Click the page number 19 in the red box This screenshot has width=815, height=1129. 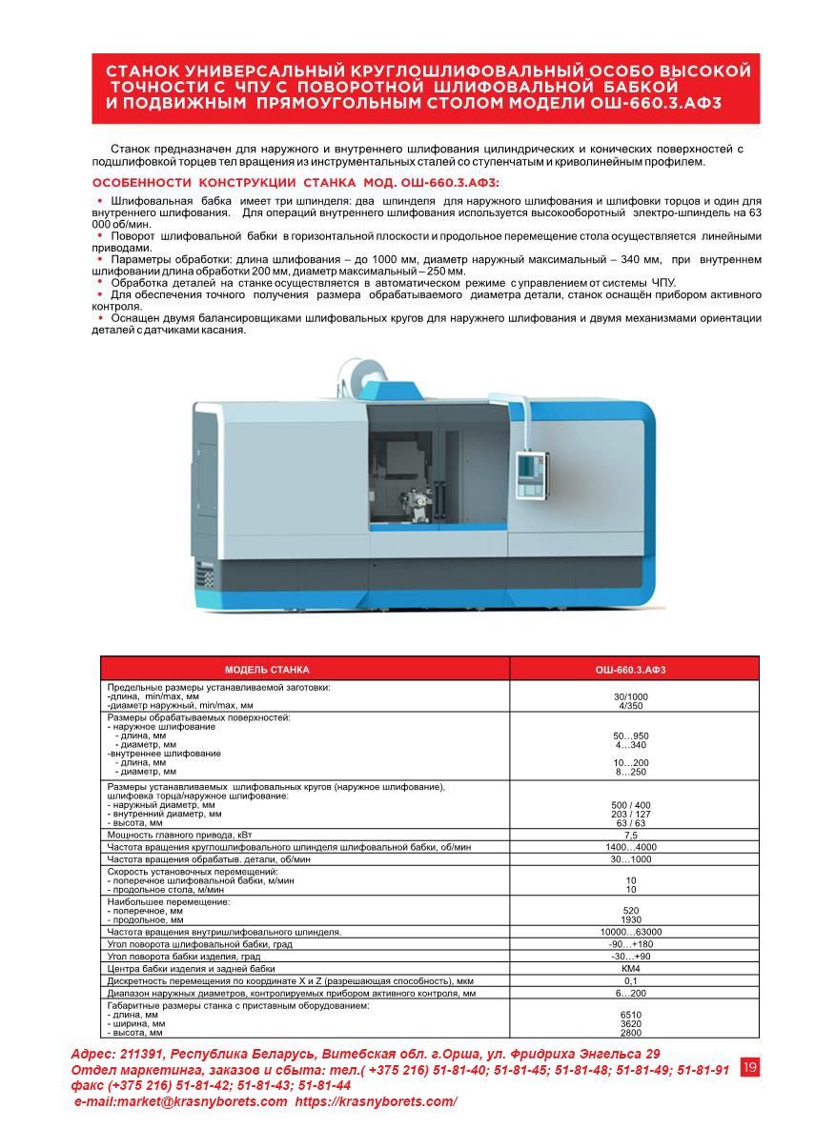(749, 1067)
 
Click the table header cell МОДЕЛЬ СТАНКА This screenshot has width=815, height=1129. (267, 670)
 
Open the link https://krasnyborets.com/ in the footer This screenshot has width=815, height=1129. (376, 1101)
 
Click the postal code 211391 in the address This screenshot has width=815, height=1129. (142, 1055)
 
